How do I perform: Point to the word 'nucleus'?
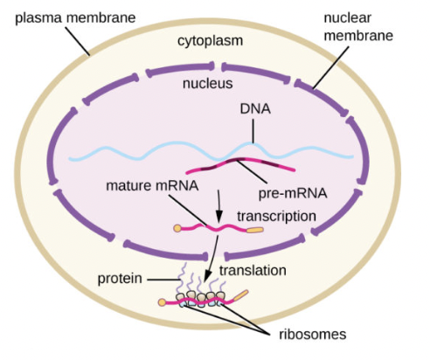point(206,85)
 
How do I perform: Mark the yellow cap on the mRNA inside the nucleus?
point(180,231)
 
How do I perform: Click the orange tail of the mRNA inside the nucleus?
point(253,232)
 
